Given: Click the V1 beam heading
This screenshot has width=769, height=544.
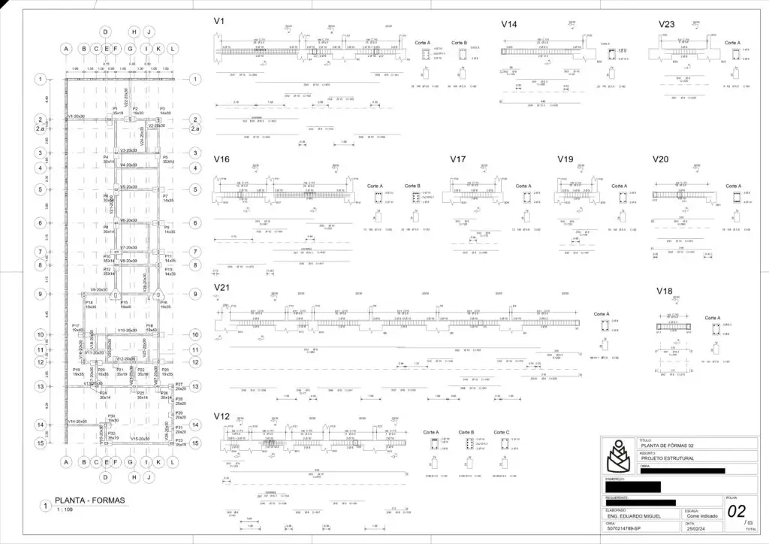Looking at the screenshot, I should click(x=219, y=22).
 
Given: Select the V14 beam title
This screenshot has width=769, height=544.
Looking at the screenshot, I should click(x=509, y=25).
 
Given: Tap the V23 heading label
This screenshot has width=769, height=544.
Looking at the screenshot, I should click(x=666, y=25).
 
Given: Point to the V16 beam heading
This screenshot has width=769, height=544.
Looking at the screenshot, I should click(x=222, y=159).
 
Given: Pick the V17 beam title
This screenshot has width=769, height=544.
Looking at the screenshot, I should click(x=458, y=159).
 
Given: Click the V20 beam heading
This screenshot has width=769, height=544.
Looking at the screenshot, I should click(x=660, y=159).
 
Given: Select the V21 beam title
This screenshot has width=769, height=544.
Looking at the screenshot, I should click(x=222, y=287).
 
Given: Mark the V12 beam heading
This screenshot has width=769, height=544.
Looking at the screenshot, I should click(x=222, y=416).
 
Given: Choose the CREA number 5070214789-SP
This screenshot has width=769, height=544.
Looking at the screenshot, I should click(x=629, y=530).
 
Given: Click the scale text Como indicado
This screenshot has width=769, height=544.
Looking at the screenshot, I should click(x=701, y=517).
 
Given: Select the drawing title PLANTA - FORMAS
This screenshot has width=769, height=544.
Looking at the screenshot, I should click(x=89, y=500).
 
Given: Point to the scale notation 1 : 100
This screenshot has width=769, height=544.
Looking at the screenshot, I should click(x=64, y=511).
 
